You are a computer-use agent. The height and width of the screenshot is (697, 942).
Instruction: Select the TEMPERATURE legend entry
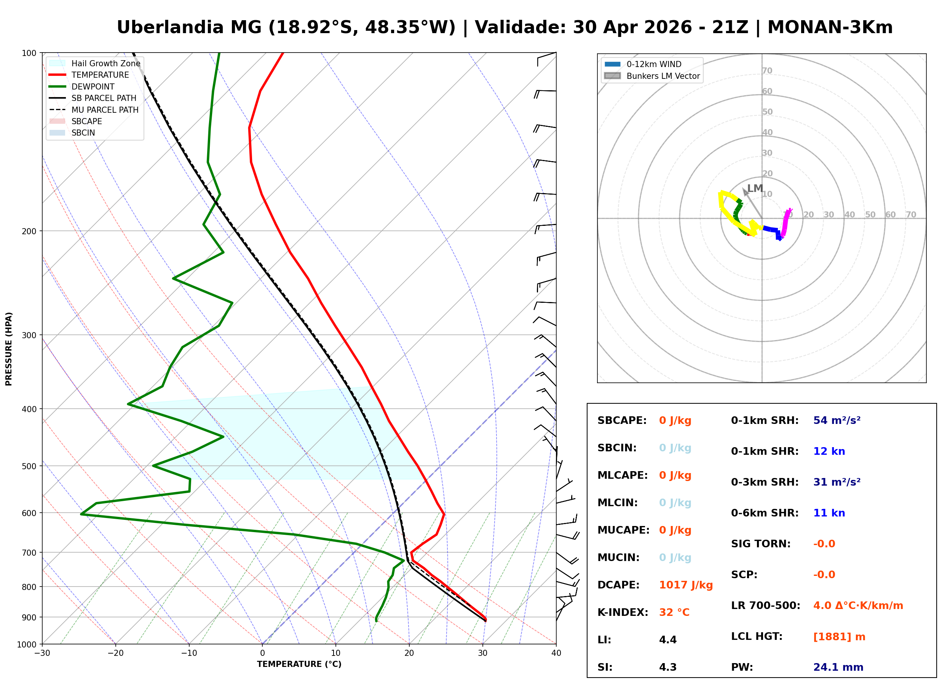coord(100,75)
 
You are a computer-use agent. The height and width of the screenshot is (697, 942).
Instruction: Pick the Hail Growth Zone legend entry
coord(105,63)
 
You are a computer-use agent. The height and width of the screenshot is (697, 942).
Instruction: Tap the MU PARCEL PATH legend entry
coord(105,110)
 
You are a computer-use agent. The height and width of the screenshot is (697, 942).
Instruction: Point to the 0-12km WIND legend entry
coord(654,64)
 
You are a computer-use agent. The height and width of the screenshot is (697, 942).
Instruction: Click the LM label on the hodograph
coord(755,188)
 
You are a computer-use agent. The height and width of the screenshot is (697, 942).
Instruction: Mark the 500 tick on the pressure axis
coord(29,466)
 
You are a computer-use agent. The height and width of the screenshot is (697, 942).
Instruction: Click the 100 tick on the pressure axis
coord(29,53)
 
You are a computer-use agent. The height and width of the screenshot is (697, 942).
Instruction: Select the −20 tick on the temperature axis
coord(115,653)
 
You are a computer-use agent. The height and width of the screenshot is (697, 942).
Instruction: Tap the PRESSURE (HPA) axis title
coord(9,349)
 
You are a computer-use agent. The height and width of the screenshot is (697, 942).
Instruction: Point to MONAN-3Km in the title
coord(829,27)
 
